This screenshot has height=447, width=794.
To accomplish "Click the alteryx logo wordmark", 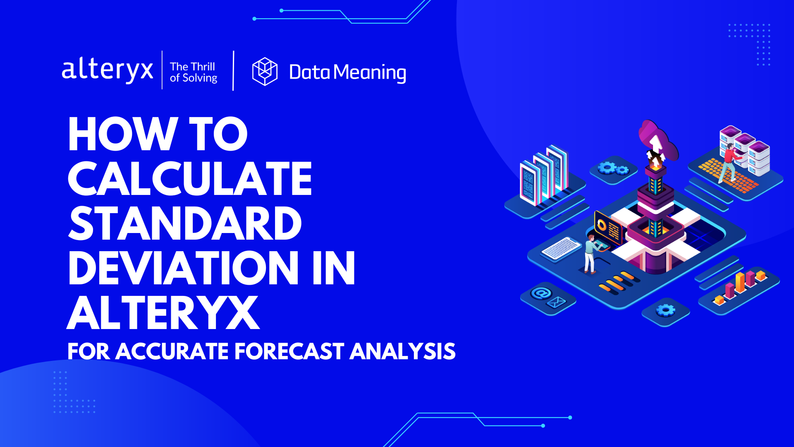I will pyautogui.click(x=107, y=70).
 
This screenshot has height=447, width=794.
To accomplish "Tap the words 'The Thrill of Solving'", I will pyautogui.click(x=193, y=72).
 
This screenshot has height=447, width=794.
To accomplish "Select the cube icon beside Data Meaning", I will pyautogui.click(x=265, y=72).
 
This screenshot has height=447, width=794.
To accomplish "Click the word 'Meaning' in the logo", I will pyautogui.click(x=370, y=72).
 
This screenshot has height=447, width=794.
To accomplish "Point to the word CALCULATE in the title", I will pyautogui.click(x=189, y=179).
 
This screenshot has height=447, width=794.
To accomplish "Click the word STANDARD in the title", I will pyautogui.click(x=184, y=223).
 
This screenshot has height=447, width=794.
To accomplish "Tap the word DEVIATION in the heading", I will pyautogui.click(x=183, y=268).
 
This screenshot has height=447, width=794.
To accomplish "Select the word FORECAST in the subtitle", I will pyautogui.click(x=289, y=351).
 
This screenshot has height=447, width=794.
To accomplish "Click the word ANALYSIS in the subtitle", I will pyautogui.click(x=402, y=351).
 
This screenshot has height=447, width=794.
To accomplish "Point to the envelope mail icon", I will pyautogui.click(x=557, y=302).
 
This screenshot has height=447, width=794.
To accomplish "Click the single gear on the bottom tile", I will pyautogui.click(x=665, y=310).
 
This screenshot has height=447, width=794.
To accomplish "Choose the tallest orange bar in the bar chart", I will pyautogui.click(x=740, y=281).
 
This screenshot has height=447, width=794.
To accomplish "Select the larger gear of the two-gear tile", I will pyautogui.click(x=607, y=167).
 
